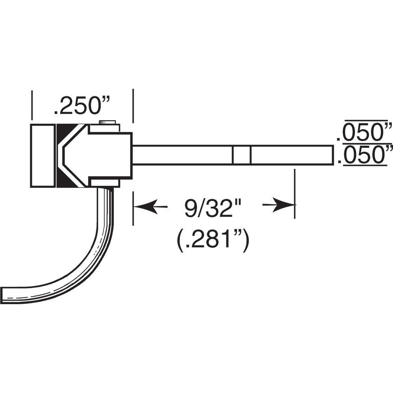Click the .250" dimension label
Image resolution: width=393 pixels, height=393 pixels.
click(x=82, y=106)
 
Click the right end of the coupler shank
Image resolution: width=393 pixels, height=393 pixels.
click(x=331, y=155)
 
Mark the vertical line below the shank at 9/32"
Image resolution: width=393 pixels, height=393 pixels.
click(x=294, y=193)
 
